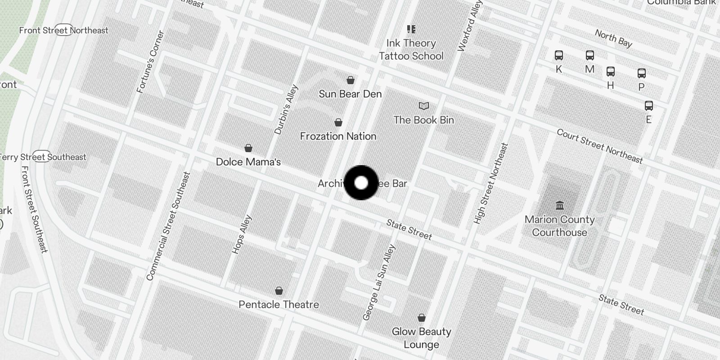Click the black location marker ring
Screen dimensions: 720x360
point(361,183)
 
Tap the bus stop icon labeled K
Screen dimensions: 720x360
point(559,55)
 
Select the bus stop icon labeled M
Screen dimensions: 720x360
point(590,55)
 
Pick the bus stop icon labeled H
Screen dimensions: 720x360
point(611,72)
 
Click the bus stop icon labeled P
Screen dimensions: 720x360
point(642,73)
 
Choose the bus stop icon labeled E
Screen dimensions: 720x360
point(648,106)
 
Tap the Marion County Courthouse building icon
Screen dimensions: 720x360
point(560,206)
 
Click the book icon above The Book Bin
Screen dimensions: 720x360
point(424,106)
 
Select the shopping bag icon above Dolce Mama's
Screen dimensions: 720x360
point(248,148)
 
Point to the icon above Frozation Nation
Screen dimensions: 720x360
point(338,122)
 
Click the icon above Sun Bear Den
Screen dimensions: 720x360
point(351,80)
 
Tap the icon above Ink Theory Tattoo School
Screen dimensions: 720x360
point(411,29)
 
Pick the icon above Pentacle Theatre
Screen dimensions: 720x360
point(279,291)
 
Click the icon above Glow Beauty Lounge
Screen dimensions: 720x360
point(422,318)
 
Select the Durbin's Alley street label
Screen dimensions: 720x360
point(286,110)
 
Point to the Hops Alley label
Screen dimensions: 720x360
point(242,234)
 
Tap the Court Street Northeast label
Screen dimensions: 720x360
point(599,146)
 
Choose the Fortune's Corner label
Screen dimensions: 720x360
point(151,62)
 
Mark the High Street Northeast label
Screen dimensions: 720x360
point(491,184)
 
